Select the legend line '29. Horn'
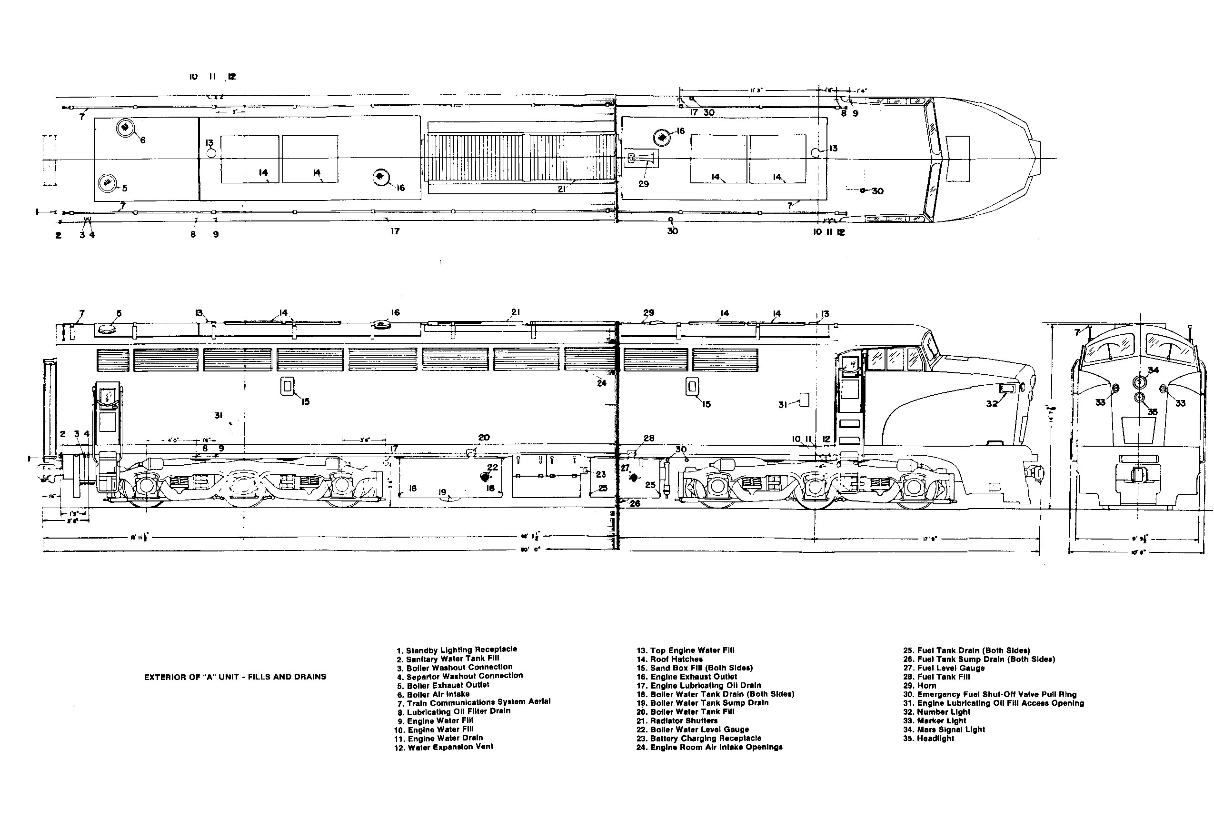[x=919, y=685]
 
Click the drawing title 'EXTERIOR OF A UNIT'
[x=235, y=677]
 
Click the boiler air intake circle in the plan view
[x=125, y=128]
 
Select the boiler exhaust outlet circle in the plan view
[x=107, y=182]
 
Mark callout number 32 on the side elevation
[x=992, y=403]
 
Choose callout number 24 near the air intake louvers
[x=601, y=383]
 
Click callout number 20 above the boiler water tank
[x=484, y=438]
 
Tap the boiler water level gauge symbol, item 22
[x=484, y=476]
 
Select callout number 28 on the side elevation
[x=648, y=438]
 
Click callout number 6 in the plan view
[x=143, y=140]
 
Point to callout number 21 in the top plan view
[x=562, y=189]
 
